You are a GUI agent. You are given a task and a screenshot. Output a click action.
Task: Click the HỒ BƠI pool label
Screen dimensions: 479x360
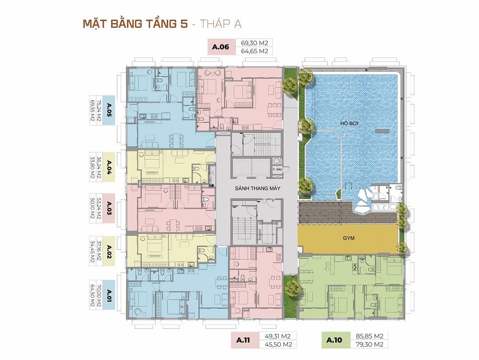pos(349,124)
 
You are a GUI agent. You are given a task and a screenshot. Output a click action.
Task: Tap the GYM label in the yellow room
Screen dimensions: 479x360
pos(349,238)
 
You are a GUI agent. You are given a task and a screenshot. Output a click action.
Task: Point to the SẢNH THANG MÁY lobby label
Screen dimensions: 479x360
pos(258,188)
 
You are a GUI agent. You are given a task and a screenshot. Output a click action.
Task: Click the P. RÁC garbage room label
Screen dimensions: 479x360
pos(277,169)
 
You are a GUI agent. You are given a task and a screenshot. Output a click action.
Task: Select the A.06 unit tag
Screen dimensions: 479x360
pos(220,47)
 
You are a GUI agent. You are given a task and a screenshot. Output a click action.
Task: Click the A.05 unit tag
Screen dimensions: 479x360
pos(109,110)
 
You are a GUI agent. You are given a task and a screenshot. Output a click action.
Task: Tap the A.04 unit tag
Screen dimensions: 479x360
pos(109,167)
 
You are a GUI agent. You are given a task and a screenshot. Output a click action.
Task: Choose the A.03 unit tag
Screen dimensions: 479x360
pos(109,208)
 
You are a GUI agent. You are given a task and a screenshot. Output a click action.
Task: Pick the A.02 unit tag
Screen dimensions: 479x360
pos(109,251)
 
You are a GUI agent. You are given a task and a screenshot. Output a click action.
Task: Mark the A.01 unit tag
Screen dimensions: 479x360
pos(109,295)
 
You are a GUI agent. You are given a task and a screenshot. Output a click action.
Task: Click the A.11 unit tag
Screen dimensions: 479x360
pos(243,340)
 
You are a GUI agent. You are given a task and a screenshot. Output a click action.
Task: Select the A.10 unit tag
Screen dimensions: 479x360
pos(334,340)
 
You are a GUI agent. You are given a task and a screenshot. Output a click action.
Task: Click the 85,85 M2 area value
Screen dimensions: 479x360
pos(370,336)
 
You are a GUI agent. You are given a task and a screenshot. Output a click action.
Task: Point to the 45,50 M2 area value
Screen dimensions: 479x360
pos(278,344)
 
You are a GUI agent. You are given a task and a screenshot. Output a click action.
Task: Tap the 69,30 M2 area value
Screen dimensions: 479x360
pos(254,43)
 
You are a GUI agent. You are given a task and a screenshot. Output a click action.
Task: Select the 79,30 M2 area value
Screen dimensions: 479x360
pos(370,344)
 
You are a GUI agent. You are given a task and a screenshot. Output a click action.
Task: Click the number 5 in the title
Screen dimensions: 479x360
pos(184,24)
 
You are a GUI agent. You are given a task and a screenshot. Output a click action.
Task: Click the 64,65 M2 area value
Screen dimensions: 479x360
pos(254,51)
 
